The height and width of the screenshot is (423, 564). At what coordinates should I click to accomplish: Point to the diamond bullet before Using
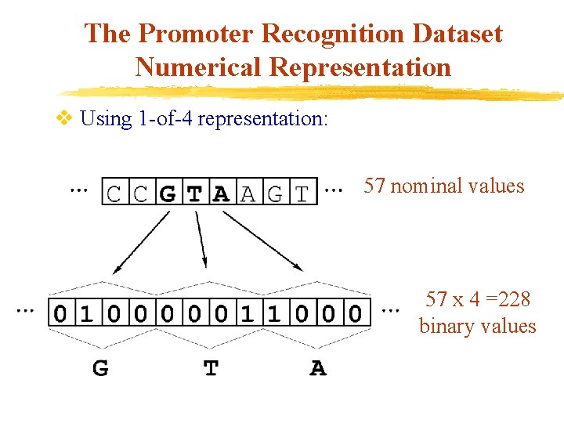pyautogui.click(x=65, y=119)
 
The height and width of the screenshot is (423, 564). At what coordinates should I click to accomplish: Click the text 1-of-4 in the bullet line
pyautogui.click(x=164, y=119)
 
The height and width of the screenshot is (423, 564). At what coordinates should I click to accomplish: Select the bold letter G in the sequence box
pyautogui.click(x=167, y=193)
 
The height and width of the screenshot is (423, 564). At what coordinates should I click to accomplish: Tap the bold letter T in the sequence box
pyautogui.click(x=194, y=193)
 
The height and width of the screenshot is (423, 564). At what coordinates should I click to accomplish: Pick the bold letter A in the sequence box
pyautogui.click(x=221, y=193)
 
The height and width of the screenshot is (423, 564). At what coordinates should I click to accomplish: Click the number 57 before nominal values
pyautogui.click(x=374, y=186)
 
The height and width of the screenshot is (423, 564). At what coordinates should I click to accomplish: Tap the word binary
pyautogui.click(x=445, y=326)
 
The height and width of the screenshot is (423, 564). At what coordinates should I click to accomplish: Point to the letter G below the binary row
pyautogui.click(x=100, y=367)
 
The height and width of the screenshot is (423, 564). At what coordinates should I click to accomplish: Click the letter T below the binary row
pyautogui.click(x=211, y=367)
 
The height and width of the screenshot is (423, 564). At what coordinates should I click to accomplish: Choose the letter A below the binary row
pyautogui.click(x=318, y=367)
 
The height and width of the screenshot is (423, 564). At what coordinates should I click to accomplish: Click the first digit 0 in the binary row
pyautogui.click(x=60, y=314)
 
